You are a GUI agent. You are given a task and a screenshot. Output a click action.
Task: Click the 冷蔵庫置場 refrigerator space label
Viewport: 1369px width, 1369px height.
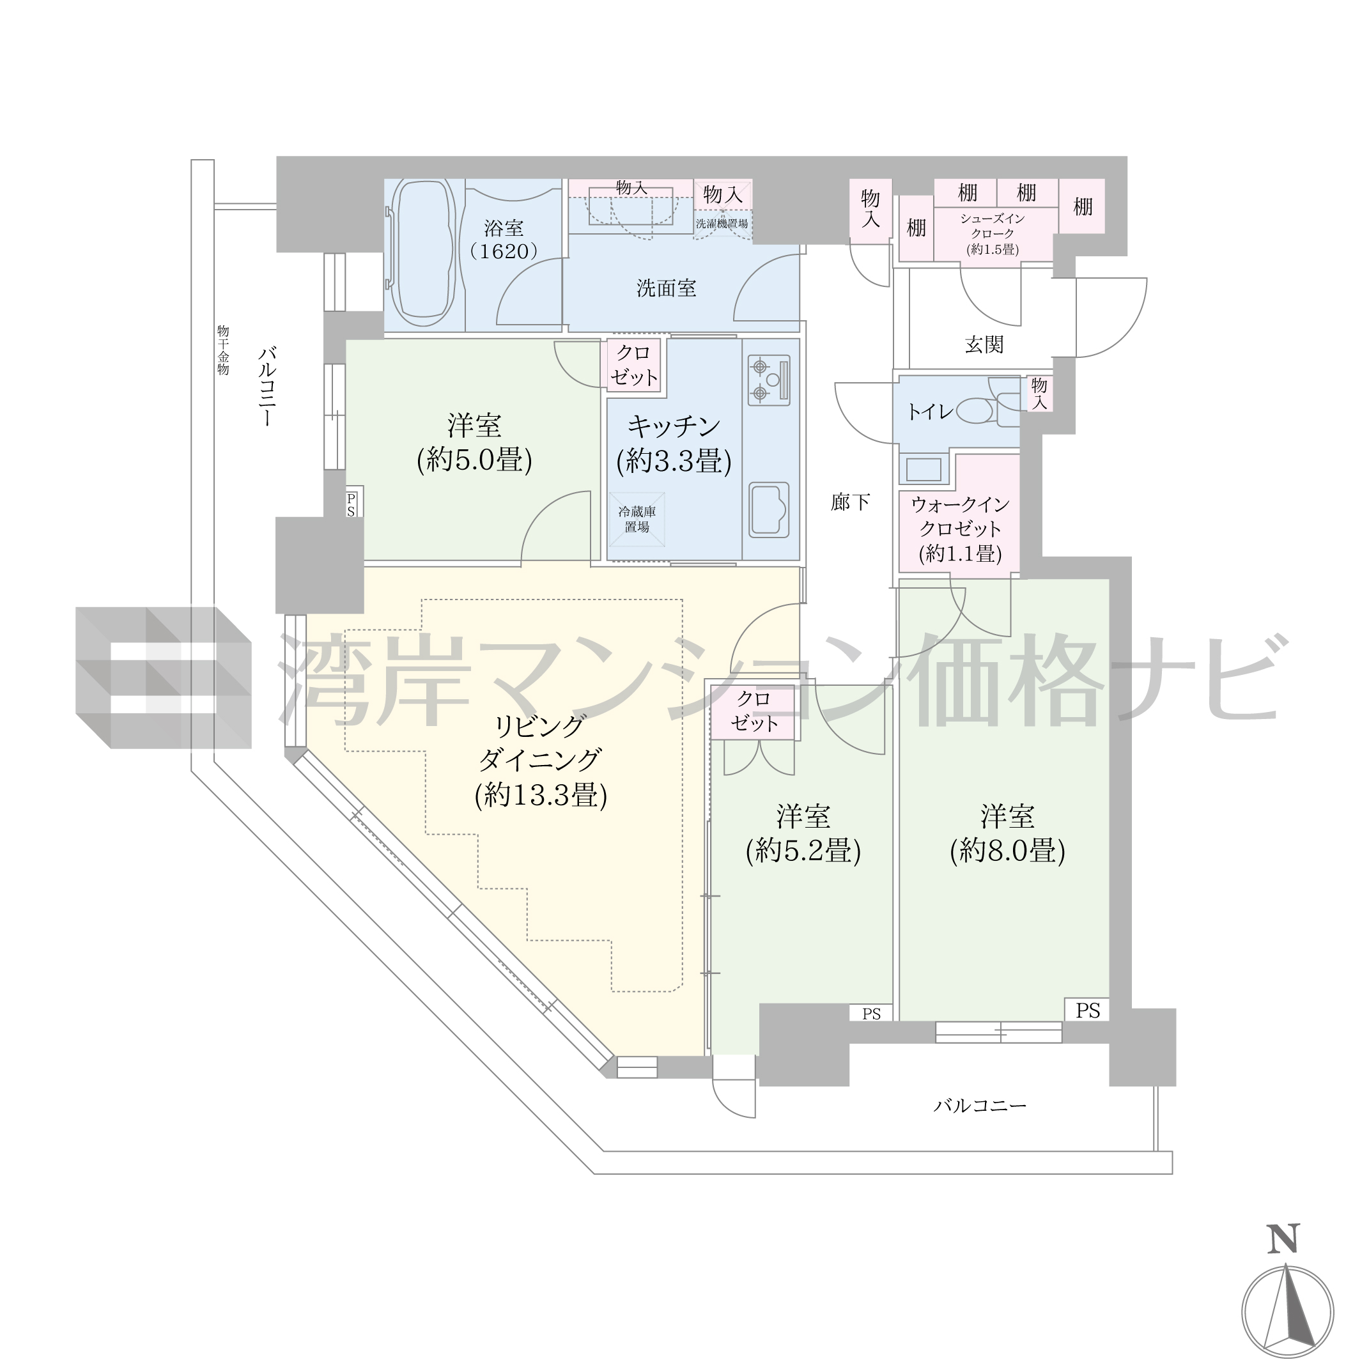(637, 520)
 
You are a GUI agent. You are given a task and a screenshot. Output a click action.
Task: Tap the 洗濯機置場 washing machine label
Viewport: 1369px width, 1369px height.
(722, 223)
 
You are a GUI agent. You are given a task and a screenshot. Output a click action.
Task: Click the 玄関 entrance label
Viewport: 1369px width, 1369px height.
(984, 344)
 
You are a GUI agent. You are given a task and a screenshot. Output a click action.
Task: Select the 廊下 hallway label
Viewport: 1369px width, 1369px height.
(850, 502)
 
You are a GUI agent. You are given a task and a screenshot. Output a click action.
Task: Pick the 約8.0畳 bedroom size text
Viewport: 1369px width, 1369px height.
(1008, 850)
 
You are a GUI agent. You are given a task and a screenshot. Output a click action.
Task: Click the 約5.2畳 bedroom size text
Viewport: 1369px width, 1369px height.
(803, 850)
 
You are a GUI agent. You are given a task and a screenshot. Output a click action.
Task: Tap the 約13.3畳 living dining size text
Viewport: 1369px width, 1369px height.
(541, 794)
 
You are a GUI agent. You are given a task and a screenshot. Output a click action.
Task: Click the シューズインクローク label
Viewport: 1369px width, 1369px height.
(992, 226)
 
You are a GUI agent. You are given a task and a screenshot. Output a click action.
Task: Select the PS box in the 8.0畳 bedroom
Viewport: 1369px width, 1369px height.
(1088, 1010)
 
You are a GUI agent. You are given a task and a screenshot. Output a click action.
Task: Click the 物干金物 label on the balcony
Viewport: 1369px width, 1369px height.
(223, 350)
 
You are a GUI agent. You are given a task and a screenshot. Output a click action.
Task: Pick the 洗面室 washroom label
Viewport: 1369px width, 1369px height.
(666, 288)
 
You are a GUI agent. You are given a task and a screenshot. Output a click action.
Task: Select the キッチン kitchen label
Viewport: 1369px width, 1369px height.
(674, 426)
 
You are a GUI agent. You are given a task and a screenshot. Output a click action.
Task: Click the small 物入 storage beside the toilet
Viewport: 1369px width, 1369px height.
(1039, 393)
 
